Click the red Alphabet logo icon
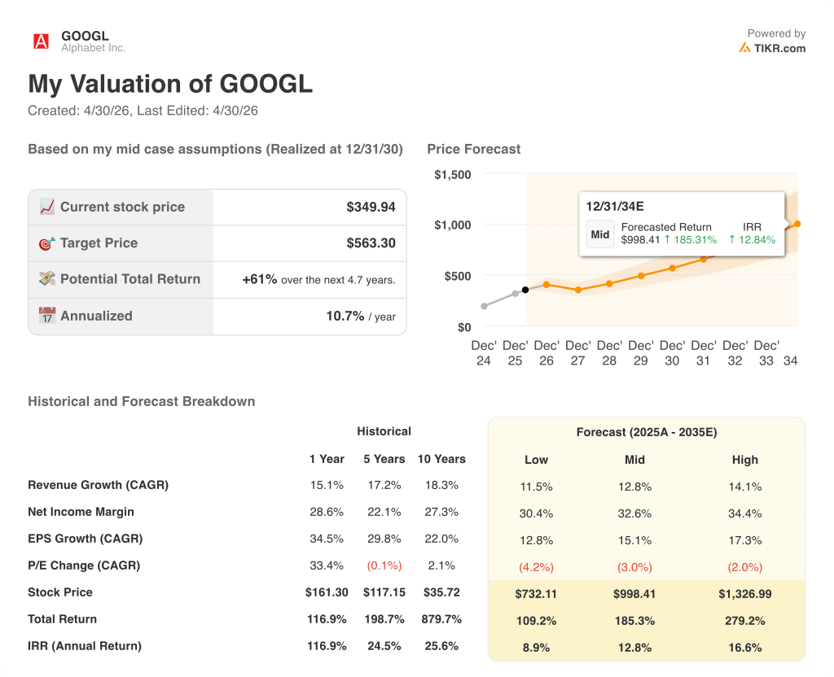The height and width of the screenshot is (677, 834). [x=41, y=41]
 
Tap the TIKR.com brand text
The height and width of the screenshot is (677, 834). [x=779, y=48]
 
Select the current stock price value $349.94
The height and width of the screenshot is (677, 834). [x=371, y=207]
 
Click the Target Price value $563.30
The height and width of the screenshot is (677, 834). [x=371, y=243]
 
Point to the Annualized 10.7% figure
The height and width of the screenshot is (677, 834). [x=345, y=316]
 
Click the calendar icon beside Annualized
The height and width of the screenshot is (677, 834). [x=47, y=316]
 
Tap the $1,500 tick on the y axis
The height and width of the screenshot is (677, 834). [x=452, y=175]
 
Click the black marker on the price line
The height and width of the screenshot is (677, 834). [x=525, y=290]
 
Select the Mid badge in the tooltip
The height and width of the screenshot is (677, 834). [x=600, y=234]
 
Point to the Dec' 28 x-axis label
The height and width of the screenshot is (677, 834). [x=609, y=353]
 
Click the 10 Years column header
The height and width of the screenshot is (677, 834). [x=441, y=459]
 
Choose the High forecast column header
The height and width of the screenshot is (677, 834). [x=744, y=460]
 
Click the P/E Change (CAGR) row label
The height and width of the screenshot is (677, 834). [x=84, y=566]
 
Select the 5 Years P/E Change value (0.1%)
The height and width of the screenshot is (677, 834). [x=384, y=566]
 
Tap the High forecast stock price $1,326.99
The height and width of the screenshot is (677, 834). [x=744, y=594]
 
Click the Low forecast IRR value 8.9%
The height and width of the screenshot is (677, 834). [x=536, y=648]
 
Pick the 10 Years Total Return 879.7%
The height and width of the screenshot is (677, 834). [x=441, y=619]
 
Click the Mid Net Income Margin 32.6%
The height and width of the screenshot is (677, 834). [x=634, y=513]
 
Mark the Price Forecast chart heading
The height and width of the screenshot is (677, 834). [x=473, y=149]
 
